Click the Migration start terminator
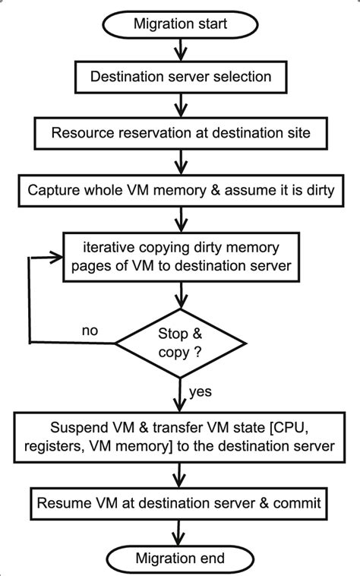(180, 24)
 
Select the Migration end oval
(180, 559)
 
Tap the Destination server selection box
(181, 77)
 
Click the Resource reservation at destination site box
(181, 133)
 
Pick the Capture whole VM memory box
(181, 191)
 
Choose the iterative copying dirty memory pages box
(182, 257)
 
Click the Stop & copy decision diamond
(180, 343)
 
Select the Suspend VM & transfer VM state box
(179, 437)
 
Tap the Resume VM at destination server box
(179, 503)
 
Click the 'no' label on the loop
(90, 331)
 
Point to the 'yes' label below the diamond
(201, 391)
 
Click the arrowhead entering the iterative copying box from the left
(57, 258)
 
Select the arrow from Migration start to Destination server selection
(180, 49)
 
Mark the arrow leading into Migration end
(178, 533)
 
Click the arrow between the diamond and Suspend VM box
(180, 395)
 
